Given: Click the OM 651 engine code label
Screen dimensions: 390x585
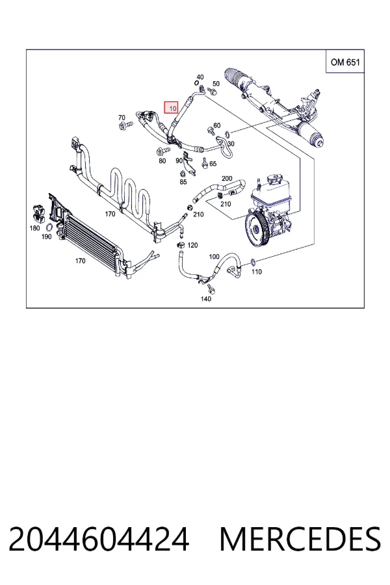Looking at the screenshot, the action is pos(345,62).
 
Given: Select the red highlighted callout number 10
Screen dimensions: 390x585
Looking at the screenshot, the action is pos(172,108).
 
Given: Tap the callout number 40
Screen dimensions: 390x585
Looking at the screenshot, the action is pos(200,77).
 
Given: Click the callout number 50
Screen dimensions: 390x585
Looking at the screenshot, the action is pos(216,84).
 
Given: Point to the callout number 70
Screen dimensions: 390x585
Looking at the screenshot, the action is pos(122,118).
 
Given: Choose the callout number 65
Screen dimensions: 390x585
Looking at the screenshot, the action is pos(213,163).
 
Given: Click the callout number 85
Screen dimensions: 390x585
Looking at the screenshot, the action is pos(183,182).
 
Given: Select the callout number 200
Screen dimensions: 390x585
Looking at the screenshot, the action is pos(227,178).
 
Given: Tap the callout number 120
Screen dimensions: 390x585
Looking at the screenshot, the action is pos(192,245).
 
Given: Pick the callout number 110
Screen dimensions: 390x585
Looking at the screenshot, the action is pos(256,272).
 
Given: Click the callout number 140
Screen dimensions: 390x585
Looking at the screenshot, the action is pos(205,298).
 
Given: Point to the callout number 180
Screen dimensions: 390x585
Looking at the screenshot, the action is pos(34,228).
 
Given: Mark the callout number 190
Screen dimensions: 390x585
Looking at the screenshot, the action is pos(46,237).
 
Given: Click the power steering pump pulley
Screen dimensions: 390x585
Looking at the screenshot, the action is pos(257,229).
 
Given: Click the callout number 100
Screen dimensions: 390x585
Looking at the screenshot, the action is pos(214,257).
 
